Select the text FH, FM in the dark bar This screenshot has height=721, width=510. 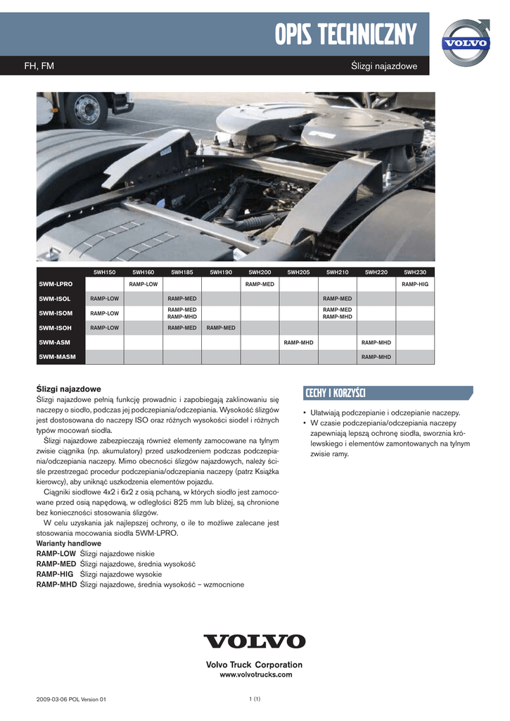click(x=39, y=66)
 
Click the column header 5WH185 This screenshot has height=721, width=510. click(x=181, y=272)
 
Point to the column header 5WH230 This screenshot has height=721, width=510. click(x=415, y=272)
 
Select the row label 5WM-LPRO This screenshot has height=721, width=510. click(x=56, y=284)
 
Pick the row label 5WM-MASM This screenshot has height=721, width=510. click(x=58, y=357)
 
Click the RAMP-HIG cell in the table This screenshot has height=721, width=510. click(x=415, y=284)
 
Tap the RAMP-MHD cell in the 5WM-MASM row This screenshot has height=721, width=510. click(x=376, y=357)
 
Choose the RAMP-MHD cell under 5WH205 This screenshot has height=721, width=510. click(x=298, y=342)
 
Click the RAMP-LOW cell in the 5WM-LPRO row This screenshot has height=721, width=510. click(x=144, y=284)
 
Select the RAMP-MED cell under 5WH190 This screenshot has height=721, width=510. click(x=221, y=327)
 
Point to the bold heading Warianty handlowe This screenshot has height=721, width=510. click(x=68, y=544)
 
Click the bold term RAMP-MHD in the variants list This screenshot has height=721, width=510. click(x=56, y=584)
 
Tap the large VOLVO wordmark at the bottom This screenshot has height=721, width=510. click(x=255, y=641)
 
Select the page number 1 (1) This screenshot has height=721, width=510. click(x=255, y=698)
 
